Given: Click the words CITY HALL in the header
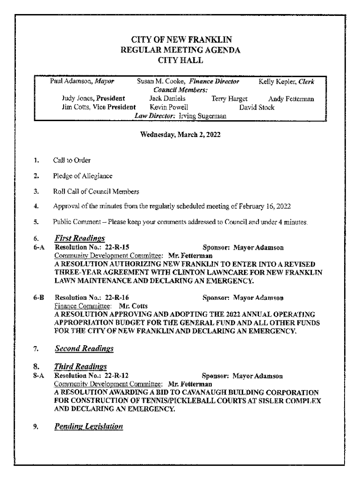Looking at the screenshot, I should (180, 60).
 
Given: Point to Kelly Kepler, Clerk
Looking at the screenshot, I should (286, 81).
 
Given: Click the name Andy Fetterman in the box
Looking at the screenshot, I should (291, 99).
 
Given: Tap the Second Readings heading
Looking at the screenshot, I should (84, 348).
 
